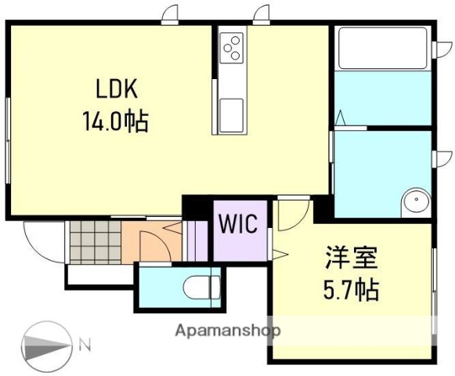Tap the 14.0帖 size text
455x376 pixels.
tap(114, 122)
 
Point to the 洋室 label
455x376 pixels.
tap(352, 257)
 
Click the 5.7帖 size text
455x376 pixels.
tap(352, 291)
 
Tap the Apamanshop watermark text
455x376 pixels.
tap(229, 330)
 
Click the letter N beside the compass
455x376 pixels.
tap(85, 342)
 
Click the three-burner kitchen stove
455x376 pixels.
tap(232, 49)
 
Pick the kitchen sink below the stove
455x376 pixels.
tap(232, 115)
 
